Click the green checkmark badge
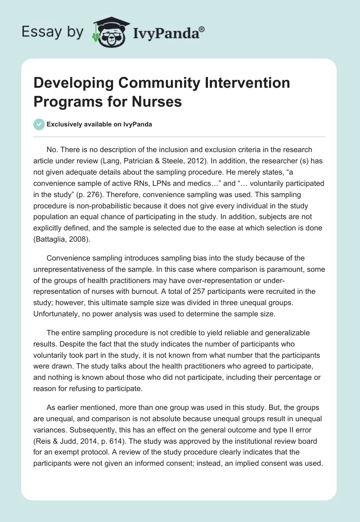point(40,125)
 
